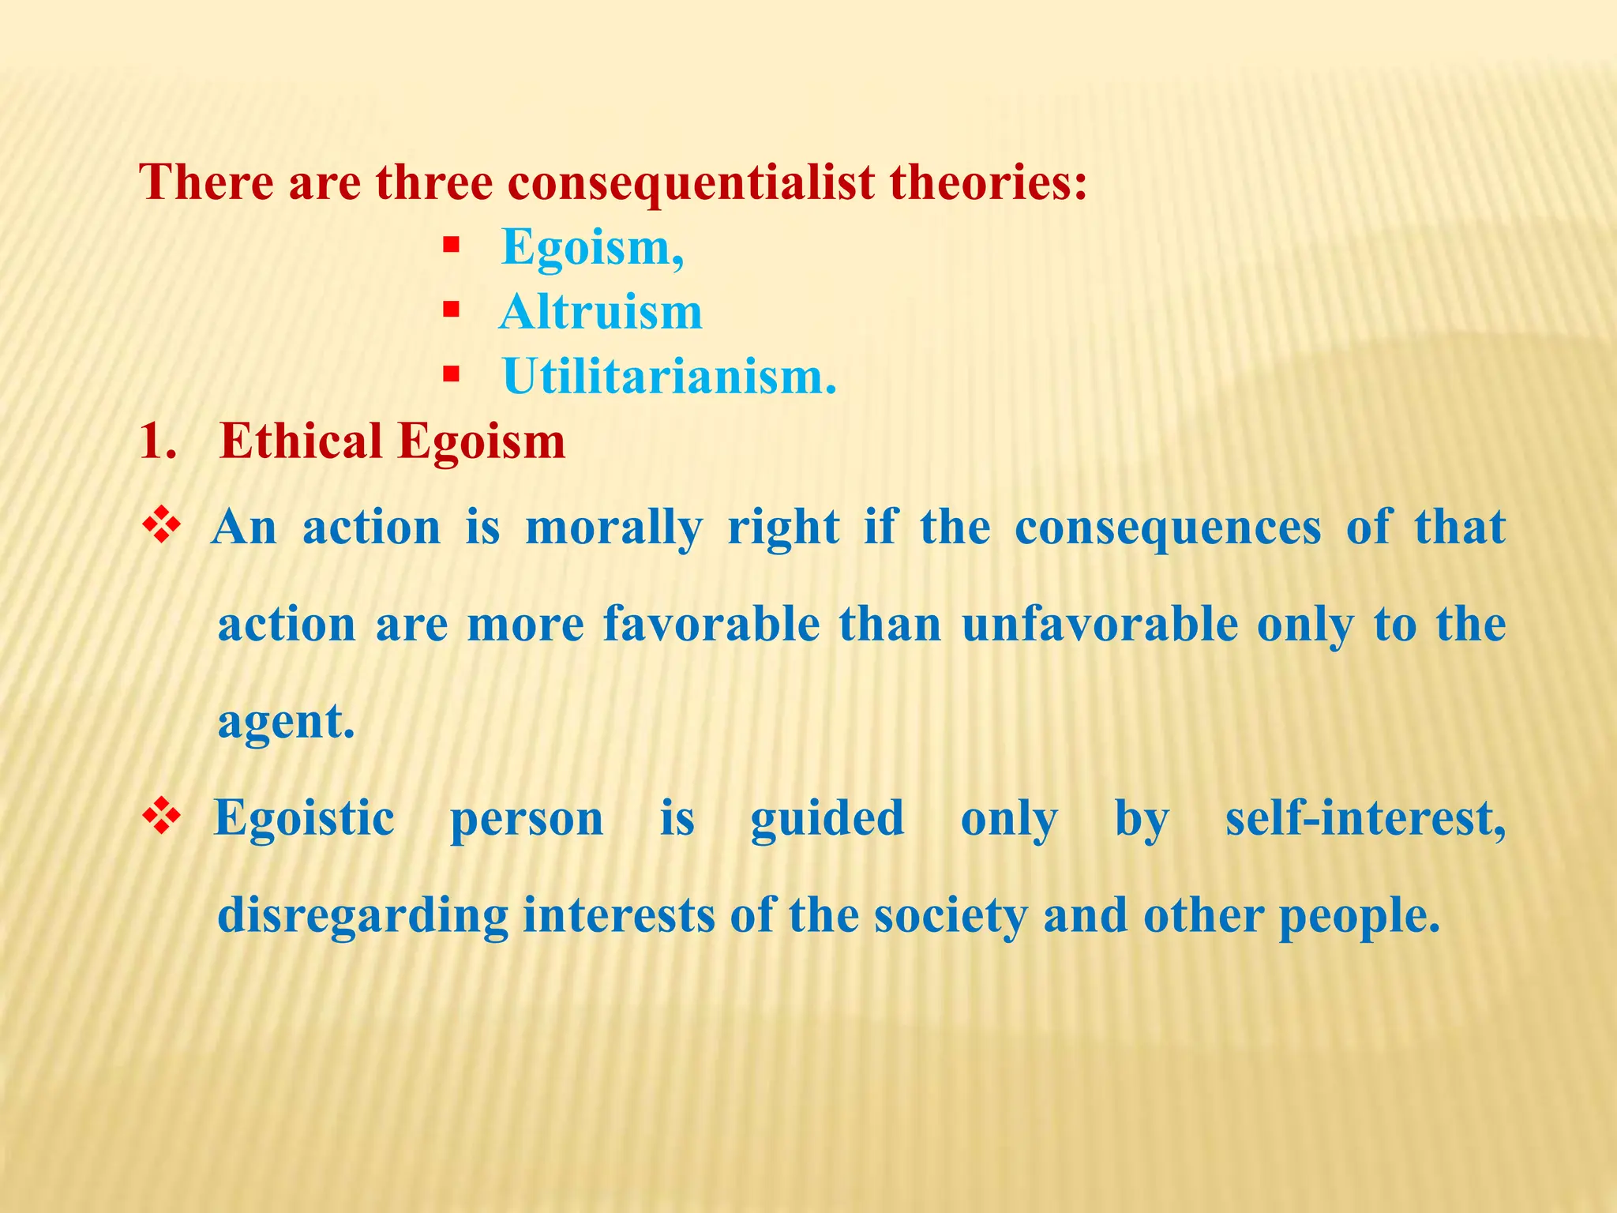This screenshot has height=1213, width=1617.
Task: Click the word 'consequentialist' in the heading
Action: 691,182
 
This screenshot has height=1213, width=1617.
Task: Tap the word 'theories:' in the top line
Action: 989,182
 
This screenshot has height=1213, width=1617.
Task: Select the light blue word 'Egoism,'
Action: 592,247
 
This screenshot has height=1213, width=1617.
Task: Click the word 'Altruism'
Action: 600,312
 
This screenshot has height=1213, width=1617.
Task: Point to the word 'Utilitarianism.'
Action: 669,377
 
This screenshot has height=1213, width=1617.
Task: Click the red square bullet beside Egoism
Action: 451,246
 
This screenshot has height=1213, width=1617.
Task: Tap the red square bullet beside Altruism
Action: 451,310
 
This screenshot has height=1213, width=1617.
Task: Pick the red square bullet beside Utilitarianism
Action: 451,374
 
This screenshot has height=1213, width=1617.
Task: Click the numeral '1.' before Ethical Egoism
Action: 158,441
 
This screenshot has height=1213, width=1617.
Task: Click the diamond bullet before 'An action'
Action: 162,526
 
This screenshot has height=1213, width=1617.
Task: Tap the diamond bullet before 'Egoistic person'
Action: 162,817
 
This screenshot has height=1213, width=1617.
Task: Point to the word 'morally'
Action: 613,528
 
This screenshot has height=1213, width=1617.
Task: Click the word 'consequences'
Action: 1167,528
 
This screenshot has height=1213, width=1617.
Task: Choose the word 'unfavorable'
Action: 1100,625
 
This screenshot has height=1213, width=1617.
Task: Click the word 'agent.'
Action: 286,722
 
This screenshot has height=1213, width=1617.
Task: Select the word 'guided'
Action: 827,818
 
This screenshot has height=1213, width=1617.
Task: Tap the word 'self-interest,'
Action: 1365,818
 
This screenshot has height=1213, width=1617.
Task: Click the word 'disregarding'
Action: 362,916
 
